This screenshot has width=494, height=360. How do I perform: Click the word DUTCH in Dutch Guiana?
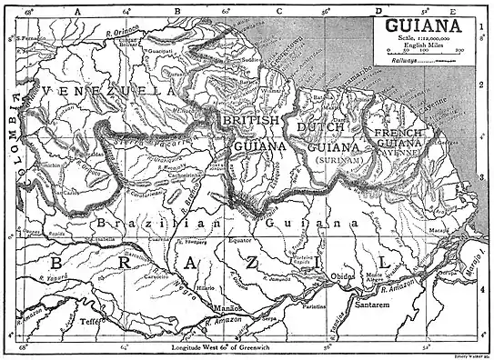pyautogui.click(x=316, y=127)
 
